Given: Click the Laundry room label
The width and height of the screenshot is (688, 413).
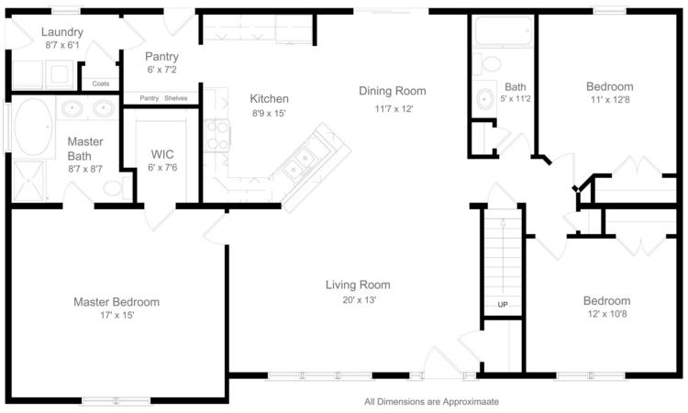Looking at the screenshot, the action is tap(62, 32).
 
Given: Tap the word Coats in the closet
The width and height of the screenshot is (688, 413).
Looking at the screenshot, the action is tap(101, 84).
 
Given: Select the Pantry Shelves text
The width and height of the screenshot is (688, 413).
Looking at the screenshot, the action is tap(163, 98).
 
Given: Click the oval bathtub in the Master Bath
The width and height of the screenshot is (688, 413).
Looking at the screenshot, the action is tap(34, 127).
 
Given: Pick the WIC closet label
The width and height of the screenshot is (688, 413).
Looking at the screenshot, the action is tap(162, 154).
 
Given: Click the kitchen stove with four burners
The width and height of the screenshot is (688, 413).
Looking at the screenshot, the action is tap(216, 135).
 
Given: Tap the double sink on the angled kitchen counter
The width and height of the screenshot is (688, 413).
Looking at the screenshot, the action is tap(298, 162).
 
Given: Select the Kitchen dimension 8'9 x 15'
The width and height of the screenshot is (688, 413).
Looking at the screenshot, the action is tap(269, 113).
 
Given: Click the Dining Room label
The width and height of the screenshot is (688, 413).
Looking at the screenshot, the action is tap(393, 91).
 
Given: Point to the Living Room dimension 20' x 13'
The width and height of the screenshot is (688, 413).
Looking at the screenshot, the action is tap(360, 300).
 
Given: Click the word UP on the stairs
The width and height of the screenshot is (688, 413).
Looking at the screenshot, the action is tap(503, 305).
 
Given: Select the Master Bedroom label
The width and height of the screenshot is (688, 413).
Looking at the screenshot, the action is tap(117, 302).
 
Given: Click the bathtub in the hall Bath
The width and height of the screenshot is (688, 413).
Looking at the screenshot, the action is tap(504, 30).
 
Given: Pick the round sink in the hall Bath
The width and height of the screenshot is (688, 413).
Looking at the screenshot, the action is tap(484, 99).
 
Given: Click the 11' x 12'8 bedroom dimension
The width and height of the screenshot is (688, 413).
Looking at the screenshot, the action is tap(610, 100).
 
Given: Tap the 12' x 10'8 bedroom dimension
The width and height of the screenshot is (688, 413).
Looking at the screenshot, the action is tap(607, 314).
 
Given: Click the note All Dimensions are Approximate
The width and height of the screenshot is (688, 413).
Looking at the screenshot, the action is tap(431, 402).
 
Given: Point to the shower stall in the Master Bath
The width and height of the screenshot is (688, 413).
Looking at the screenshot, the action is tap(29, 181).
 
